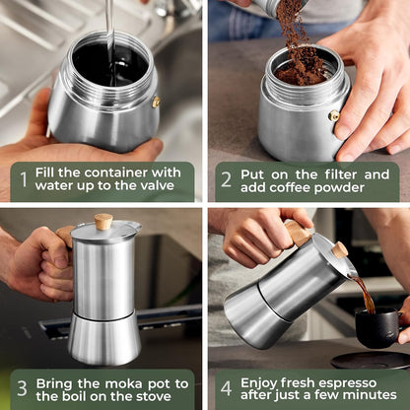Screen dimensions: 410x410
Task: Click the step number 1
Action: [x=24, y=180]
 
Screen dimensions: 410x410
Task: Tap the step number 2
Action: [x=226, y=180]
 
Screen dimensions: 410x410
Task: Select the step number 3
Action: [x=22, y=388]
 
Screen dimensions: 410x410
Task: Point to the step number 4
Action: [x=226, y=388]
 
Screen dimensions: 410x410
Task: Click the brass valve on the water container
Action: [x=156, y=102]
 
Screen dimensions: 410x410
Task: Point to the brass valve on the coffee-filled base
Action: [x=333, y=115]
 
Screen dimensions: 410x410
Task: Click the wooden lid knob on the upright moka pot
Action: [x=102, y=221]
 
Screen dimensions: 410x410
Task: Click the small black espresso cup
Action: [x=377, y=326]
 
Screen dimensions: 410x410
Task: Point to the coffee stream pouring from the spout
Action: [x=364, y=293]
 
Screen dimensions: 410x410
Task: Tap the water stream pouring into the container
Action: [x=108, y=30]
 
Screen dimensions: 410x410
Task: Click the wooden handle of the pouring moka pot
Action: [x=296, y=233]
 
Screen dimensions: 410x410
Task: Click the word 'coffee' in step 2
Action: [x=312, y=189]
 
